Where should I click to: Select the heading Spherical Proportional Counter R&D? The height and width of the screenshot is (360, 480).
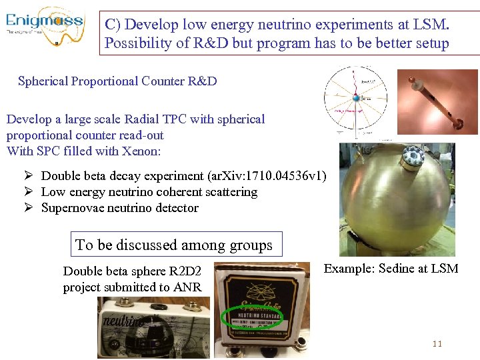(x=117, y=81)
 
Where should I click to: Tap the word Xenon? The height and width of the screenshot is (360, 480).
(x=143, y=151)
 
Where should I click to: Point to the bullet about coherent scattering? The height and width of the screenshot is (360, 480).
(x=149, y=192)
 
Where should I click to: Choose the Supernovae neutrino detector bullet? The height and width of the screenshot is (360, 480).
(x=120, y=208)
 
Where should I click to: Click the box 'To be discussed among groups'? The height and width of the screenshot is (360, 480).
(x=174, y=245)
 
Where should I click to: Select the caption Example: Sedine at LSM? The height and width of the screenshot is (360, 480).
(x=391, y=269)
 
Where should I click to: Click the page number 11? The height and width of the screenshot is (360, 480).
(x=437, y=344)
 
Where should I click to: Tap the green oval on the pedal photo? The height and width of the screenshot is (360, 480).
(x=253, y=319)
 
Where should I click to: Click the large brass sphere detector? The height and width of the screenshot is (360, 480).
(x=397, y=200)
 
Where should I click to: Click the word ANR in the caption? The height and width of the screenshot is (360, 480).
(x=188, y=288)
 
